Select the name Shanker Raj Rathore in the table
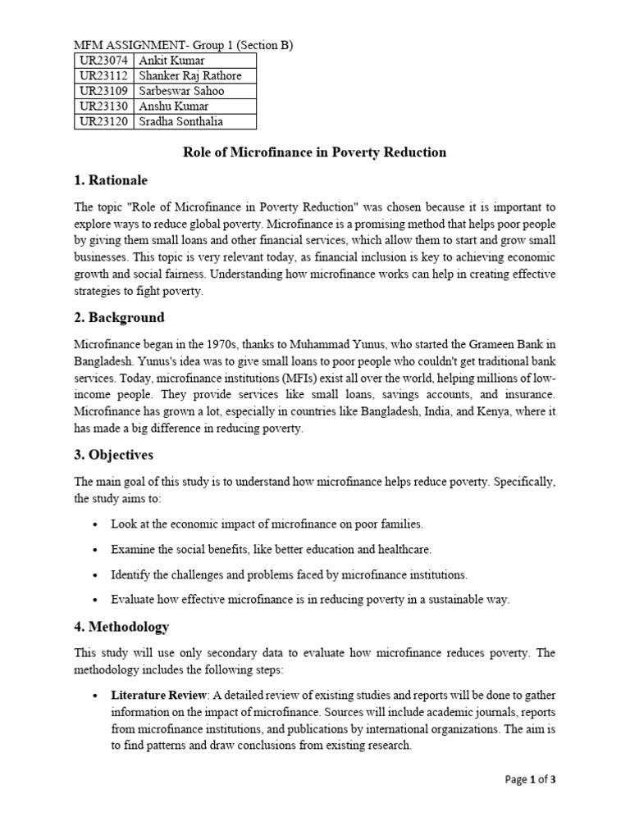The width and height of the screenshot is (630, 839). click(x=190, y=76)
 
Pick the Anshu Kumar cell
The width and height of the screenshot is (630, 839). click(x=174, y=107)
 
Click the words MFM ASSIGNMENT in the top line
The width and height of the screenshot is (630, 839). click(x=122, y=45)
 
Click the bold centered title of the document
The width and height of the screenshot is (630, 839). click(x=314, y=152)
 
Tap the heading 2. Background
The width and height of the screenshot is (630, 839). click(x=119, y=317)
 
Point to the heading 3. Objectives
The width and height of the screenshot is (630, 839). click(x=114, y=454)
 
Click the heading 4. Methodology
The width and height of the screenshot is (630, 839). click(x=121, y=627)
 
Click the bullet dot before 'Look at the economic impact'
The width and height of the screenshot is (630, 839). click(x=96, y=524)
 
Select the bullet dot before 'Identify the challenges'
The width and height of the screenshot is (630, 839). click(x=96, y=574)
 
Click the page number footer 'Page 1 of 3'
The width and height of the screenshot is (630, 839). click(x=530, y=779)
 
